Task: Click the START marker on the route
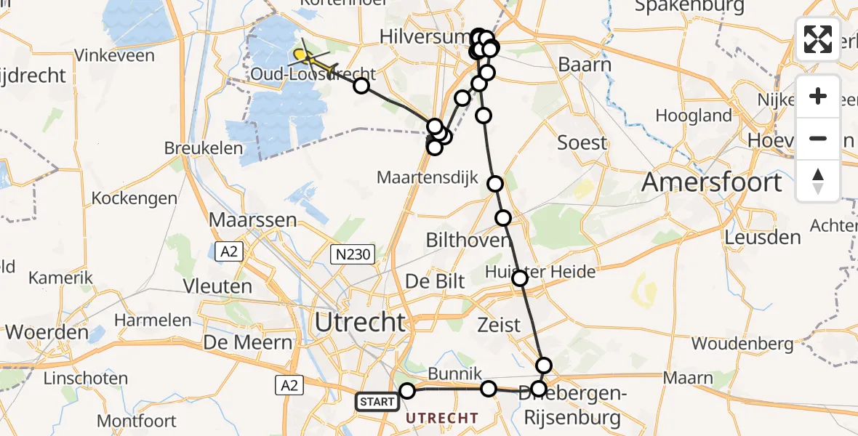click(x=377, y=401)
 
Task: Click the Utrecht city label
click(x=360, y=322)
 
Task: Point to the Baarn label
click(x=585, y=65)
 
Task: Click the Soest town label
click(x=582, y=143)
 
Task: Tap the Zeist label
click(x=500, y=324)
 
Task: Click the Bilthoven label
click(x=467, y=241)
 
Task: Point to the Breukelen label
click(x=193, y=148)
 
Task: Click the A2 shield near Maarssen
click(x=228, y=251)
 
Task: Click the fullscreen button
click(x=818, y=39)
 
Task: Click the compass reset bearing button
click(x=818, y=181)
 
